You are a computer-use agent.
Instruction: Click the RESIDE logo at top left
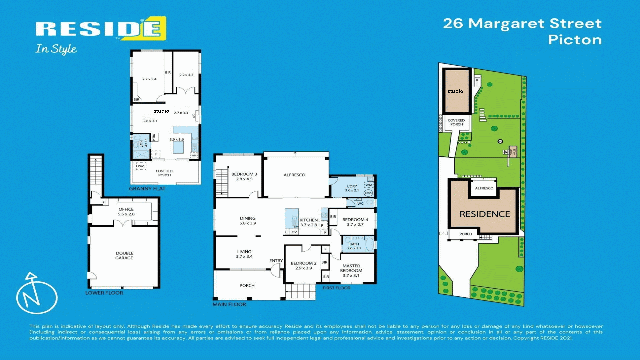(x=100, y=29)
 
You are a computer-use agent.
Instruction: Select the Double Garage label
(x=124, y=255)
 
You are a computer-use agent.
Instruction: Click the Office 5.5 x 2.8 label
(x=126, y=212)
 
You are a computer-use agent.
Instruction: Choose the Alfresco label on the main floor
(x=294, y=175)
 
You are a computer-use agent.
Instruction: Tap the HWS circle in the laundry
(x=368, y=193)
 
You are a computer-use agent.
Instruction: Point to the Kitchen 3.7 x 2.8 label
(x=308, y=222)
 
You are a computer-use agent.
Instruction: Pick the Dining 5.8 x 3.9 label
(x=248, y=221)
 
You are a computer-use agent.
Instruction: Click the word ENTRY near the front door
(x=276, y=261)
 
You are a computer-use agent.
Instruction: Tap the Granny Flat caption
(x=147, y=189)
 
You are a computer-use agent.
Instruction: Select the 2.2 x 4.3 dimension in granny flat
(x=186, y=75)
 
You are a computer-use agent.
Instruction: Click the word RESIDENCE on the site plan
(x=485, y=214)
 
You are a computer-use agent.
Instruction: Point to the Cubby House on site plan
(x=513, y=152)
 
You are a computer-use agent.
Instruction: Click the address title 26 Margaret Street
(x=522, y=23)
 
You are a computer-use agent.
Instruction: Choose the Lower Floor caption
(x=104, y=293)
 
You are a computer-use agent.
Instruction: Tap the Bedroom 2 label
(x=303, y=265)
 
